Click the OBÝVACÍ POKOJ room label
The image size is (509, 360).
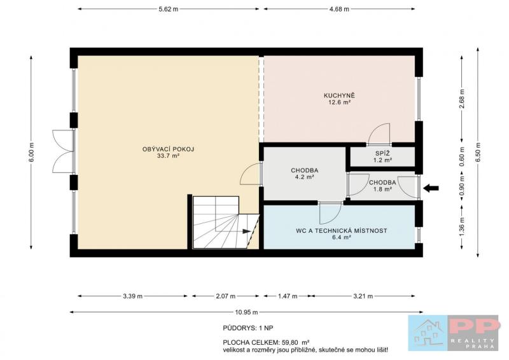pos(168,149)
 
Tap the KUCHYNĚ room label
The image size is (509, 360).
pos(339,96)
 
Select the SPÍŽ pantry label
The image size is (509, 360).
pos(382,153)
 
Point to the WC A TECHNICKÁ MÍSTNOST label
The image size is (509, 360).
pos(342,231)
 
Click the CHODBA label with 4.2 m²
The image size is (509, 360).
pos(305,170)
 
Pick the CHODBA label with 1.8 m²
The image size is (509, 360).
pos(382,183)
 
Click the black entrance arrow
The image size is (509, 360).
pos(431,188)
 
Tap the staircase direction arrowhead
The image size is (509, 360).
pos(247,232)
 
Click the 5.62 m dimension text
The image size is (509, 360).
pos(169,9)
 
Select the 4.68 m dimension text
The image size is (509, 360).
pos(339,9)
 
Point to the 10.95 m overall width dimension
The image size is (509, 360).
pos(246,312)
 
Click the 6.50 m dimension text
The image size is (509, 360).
pos(477,152)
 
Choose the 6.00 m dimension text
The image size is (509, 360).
pos(31,153)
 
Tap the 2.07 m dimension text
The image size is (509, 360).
pos(226,296)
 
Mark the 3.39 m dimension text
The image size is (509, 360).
pos(132,296)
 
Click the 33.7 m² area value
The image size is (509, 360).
pos(168,156)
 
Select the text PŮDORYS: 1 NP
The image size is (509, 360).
pos(248,328)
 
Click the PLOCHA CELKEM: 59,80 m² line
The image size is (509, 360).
pos(266,342)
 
